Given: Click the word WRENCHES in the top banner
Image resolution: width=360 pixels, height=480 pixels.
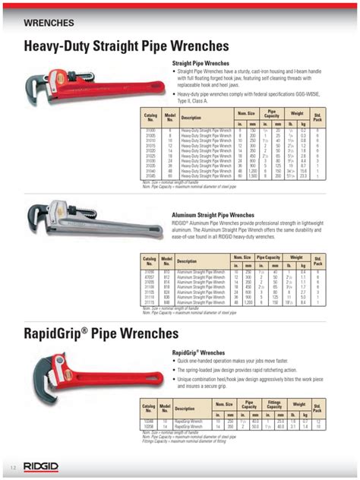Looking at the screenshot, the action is pyautogui.click(x=49, y=24).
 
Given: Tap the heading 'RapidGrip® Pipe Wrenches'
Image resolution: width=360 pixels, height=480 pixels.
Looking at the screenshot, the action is pyautogui.click(x=101, y=333).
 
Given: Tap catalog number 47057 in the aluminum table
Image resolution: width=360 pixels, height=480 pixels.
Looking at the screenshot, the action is pyautogui.click(x=150, y=278).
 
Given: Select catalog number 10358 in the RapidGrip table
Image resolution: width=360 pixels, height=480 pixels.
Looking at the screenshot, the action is pyautogui.click(x=150, y=427).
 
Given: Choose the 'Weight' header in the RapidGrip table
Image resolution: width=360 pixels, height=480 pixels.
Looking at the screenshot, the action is pyautogui.click(x=298, y=405).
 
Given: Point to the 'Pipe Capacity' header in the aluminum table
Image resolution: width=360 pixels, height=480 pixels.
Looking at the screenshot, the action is pyautogui.click(x=268, y=257).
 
